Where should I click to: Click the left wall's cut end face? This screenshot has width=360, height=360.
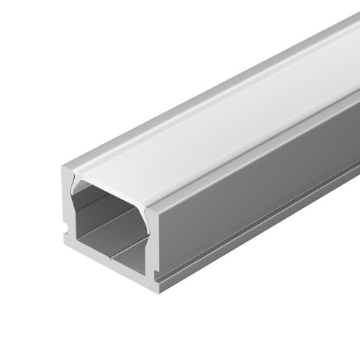(66, 216)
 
